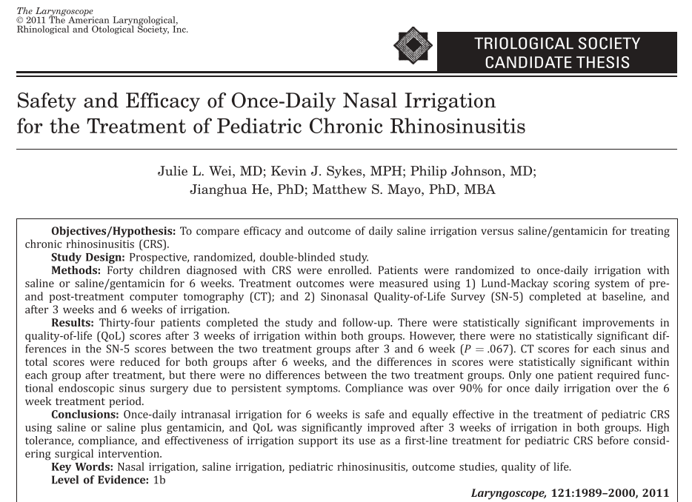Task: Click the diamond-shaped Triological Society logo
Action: tap(413, 45)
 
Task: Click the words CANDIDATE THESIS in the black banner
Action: tap(557, 61)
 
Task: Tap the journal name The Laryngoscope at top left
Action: tap(55, 11)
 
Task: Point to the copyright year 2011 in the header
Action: tap(36, 20)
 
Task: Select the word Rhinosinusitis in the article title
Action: tap(457, 126)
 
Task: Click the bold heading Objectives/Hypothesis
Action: tap(113, 231)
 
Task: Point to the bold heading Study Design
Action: tap(88, 257)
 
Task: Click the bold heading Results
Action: tap(73, 323)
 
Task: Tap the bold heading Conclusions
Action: tap(84, 414)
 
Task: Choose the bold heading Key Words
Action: tap(82, 466)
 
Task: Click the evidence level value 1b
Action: tap(159, 480)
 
